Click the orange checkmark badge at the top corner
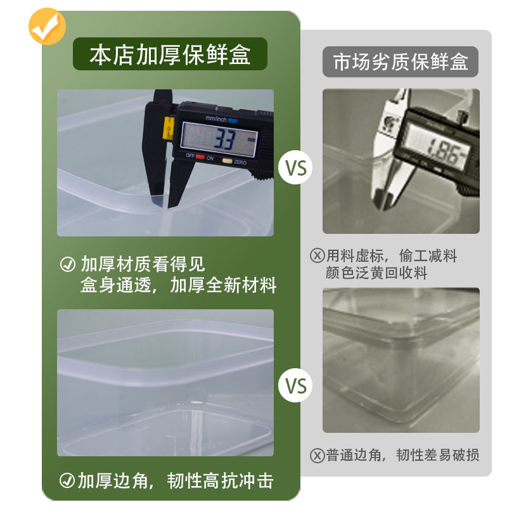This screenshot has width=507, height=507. point(48,26)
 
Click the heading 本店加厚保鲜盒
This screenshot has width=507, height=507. point(170,55)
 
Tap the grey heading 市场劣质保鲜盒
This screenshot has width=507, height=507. point(401,62)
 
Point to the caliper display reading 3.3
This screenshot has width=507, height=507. point(219,138)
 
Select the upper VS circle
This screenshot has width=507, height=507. point(296,169)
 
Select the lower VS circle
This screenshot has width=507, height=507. point(296,385)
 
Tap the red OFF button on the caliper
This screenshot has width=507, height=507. point(200,157)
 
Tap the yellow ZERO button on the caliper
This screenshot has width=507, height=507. point(227,160)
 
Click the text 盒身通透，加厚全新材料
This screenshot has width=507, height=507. point(178,285)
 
